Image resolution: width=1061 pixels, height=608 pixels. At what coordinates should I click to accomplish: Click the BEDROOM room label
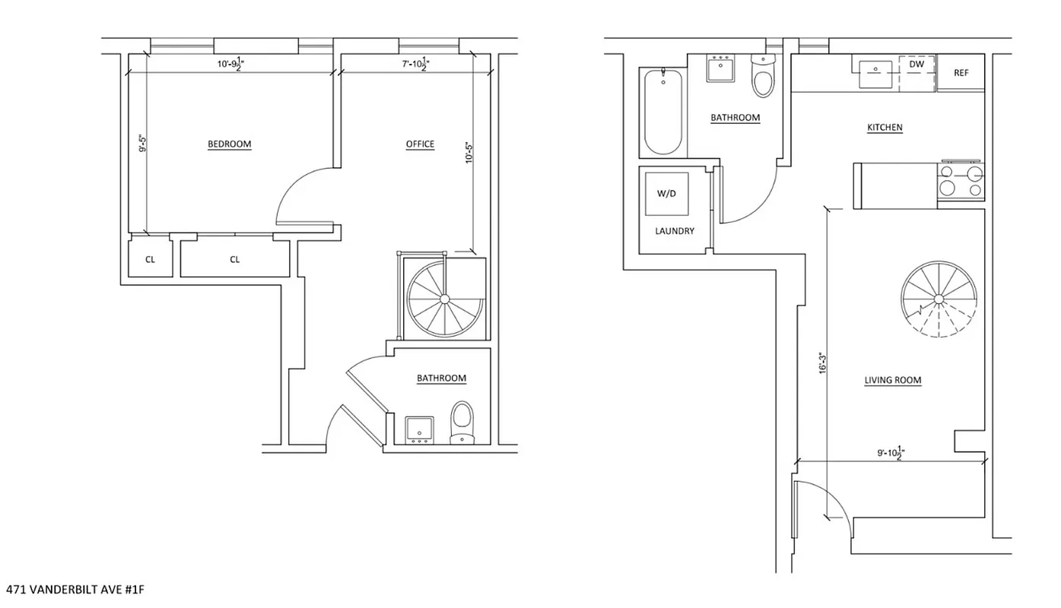tap(229, 144)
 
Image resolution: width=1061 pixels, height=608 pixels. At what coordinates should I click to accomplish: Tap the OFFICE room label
tap(420, 144)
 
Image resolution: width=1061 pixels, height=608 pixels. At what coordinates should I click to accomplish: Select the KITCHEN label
tap(885, 128)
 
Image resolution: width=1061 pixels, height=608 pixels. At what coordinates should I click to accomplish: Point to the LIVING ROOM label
tap(893, 381)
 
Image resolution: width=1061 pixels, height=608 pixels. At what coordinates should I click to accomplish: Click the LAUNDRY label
tap(675, 231)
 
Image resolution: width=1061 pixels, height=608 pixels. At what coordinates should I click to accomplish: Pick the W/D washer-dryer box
tap(666, 194)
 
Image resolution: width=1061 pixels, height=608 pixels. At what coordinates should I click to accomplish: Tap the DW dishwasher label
tap(916, 65)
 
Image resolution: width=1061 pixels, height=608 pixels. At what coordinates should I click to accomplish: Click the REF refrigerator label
tap(961, 73)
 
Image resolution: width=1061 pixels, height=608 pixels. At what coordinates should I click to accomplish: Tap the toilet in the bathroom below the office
tap(462, 423)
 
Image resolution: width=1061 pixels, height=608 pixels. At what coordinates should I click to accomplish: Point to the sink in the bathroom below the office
tap(419, 429)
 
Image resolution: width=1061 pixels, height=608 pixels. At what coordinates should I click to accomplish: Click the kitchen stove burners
tap(962, 182)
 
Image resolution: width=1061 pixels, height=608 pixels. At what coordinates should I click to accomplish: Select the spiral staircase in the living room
tap(939, 299)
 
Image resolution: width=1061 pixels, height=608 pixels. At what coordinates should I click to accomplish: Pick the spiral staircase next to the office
tap(443, 296)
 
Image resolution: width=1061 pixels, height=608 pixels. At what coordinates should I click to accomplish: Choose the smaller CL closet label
tap(150, 260)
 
